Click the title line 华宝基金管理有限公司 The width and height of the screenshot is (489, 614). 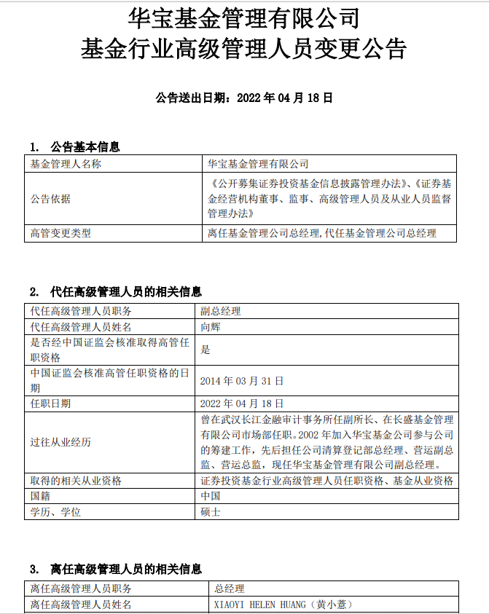pyautogui.click(x=244, y=17)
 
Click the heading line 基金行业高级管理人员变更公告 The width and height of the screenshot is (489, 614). pyautogui.click(x=244, y=50)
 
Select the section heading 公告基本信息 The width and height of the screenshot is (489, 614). pyautogui.click(x=85, y=147)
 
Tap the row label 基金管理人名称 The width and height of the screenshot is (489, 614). pyautogui.click(x=66, y=164)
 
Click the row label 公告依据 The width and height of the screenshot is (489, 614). pyautogui.click(x=51, y=198)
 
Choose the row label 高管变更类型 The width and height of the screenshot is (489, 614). pyautogui.click(x=61, y=233)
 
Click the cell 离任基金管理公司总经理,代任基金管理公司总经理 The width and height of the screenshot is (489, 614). pyautogui.click(x=321, y=233)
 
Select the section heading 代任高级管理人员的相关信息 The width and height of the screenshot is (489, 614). pyautogui.click(x=126, y=292)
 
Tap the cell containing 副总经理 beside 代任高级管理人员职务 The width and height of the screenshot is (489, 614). pyautogui.click(x=221, y=311)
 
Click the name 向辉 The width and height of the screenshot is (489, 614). pyautogui.click(x=210, y=328)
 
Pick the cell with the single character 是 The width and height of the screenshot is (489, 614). pyautogui.click(x=206, y=350)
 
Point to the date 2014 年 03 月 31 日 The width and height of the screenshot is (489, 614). pyautogui.click(x=242, y=381)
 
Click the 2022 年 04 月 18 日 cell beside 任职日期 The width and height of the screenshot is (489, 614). pyautogui.click(x=242, y=403)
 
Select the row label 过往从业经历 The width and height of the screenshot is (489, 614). pyautogui.click(x=60, y=442)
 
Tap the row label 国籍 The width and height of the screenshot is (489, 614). pyautogui.click(x=40, y=496)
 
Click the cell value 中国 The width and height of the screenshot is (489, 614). pyautogui.click(x=210, y=496)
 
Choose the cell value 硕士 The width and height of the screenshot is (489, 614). pyautogui.click(x=210, y=512)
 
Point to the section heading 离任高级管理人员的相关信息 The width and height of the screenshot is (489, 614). pyautogui.click(x=126, y=569)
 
